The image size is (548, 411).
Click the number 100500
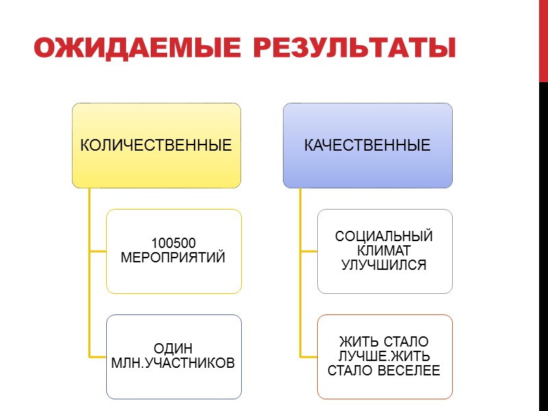coord(173,243)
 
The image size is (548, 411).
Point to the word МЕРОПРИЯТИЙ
coord(173,258)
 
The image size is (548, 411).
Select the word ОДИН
coord(173,347)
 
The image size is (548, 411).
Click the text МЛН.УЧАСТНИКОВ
coord(173,362)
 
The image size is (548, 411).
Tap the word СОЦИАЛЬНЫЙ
coord(384,237)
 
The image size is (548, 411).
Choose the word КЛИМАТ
coord(384,251)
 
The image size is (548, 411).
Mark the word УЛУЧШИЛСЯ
coord(384,264)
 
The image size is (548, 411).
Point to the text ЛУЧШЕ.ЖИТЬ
coord(384,357)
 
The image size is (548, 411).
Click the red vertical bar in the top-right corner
coord(543,41)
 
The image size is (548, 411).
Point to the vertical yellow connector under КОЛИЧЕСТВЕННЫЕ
coord(89,274)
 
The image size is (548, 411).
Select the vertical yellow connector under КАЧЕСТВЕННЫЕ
coord(301,274)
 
